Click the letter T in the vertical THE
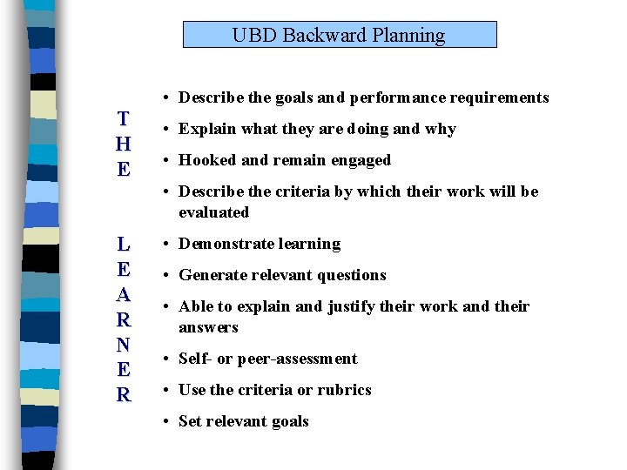coord(124,119)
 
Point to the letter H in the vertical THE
coord(124,144)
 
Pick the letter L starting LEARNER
coord(124,244)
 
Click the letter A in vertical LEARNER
coord(124,294)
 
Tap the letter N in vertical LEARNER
coord(124,345)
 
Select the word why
coord(441,129)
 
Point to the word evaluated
coord(213,212)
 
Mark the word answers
coord(208,327)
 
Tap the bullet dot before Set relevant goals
coord(166,422)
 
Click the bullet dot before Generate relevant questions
coord(166,276)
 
